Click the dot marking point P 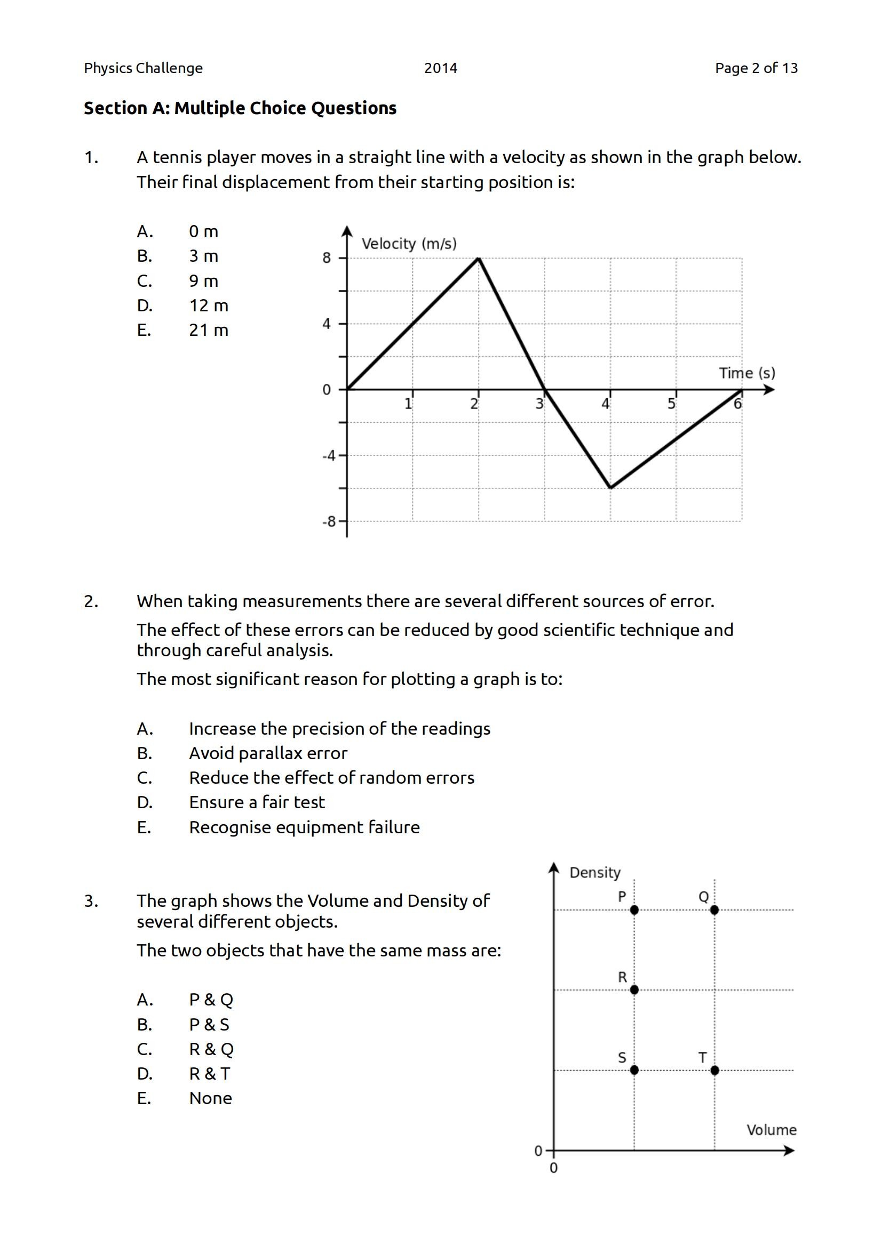click(634, 910)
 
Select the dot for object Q click(714, 910)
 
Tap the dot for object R click(634, 989)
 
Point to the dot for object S click(634, 1070)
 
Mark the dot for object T click(714, 1070)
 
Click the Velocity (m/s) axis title click(409, 244)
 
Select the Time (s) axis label click(746, 373)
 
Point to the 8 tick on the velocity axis click(327, 258)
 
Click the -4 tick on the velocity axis click(329, 456)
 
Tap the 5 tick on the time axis click(672, 404)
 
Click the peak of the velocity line click(478, 258)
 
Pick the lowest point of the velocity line click(610, 488)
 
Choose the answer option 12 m click(209, 306)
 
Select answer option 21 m click(209, 330)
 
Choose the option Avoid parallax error click(268, 753)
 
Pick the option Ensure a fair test click(257, 802)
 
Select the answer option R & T click(210, 1074)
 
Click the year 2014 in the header click(440, 68)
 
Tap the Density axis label click(594, 873)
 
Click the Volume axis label click(771, 1130)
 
